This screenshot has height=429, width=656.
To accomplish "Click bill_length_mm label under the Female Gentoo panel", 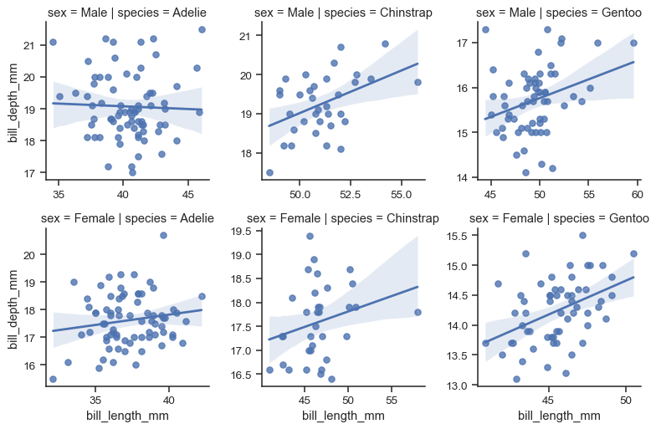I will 559,416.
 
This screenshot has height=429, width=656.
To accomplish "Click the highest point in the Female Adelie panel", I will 164,235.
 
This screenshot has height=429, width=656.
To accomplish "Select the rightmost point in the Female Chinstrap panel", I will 418,312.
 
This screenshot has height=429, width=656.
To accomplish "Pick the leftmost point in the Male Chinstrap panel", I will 269,172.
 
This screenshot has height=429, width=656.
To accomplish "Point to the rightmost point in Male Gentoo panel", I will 633,43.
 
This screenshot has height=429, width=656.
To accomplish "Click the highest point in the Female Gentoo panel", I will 582,235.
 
